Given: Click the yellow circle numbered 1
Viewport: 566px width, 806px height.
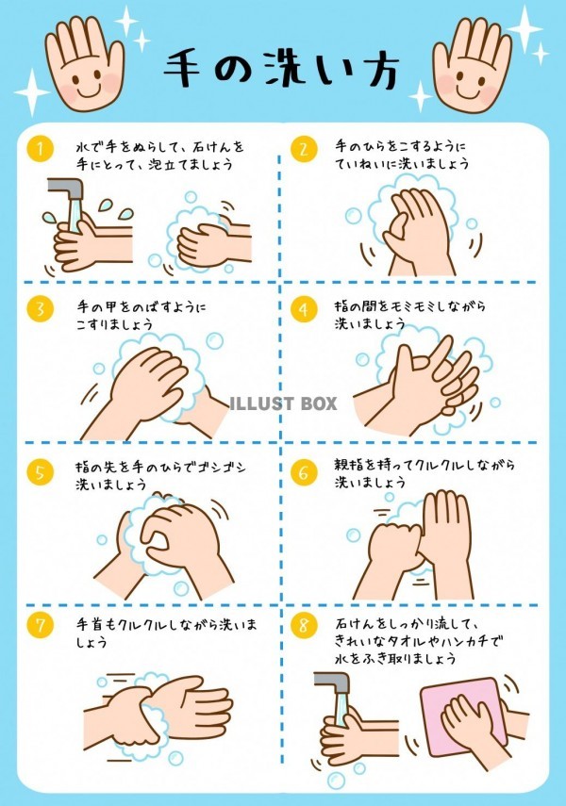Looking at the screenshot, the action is [x=41, y=149].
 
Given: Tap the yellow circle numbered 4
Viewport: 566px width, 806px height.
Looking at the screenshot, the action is [x=304, y=309].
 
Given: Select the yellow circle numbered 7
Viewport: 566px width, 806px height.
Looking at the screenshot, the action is [x=41, y=626].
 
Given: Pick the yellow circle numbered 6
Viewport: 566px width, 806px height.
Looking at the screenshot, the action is [x=304, y=472].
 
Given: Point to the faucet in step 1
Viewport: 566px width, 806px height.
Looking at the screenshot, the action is [x=67, y=191].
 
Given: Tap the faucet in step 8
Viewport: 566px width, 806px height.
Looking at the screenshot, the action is [x=333, y=684].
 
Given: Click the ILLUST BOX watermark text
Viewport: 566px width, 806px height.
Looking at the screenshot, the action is [x=282, y=403].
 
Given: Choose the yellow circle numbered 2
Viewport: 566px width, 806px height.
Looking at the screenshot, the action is [x=304, y=149].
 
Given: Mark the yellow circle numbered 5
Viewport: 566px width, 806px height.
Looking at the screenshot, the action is [x=41, y=472].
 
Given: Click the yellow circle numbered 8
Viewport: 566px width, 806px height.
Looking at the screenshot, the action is [x=304, y=626].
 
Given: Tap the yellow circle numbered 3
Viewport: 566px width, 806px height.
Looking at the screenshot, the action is [x=41, y=309].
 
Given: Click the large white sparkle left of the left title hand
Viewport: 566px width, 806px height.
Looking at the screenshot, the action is [x=32, y=92].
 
